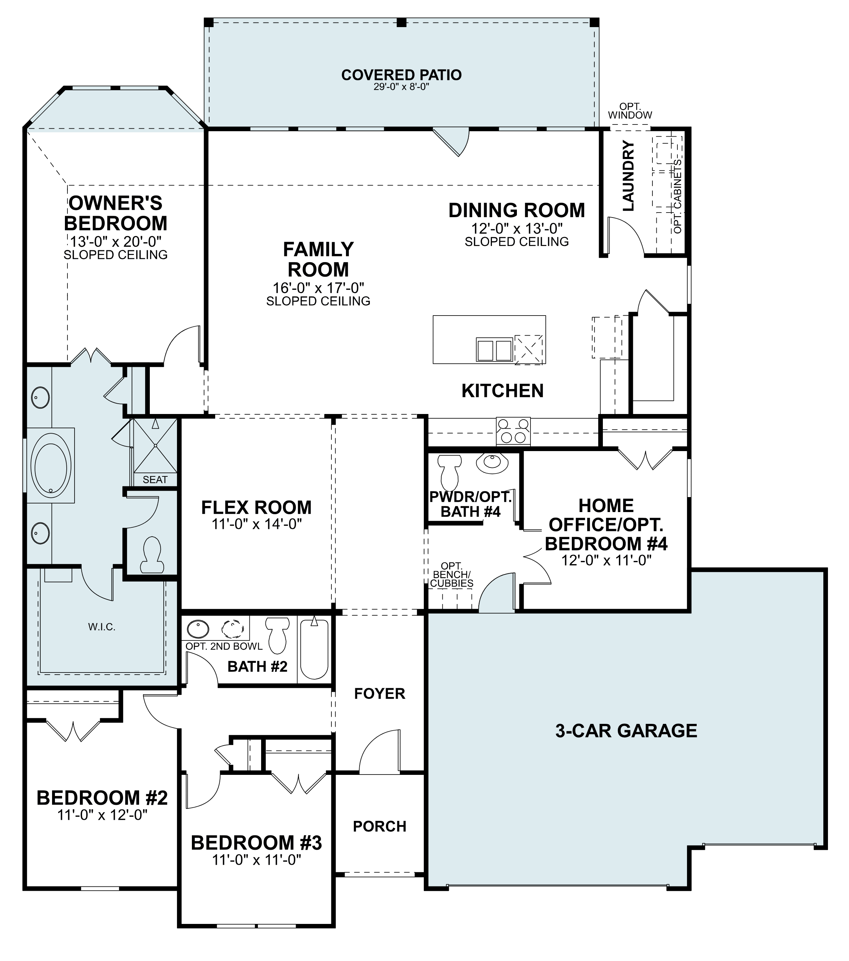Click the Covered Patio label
(x=401, y=75)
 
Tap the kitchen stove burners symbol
(x=513, y=431)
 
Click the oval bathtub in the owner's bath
(x=51, y=465)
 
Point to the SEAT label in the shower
(x=155, y=480)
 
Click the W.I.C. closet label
(x=102, y=627)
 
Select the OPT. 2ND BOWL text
(x=224, y=646)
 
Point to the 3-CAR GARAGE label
(x=626, y=731)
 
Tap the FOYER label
(x=380, y=694)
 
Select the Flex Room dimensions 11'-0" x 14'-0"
(x=256, y=524)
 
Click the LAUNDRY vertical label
(x=629, y=176)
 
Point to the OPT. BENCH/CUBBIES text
(x=452, y=574)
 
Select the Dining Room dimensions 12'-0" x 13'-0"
(x=517, y=229)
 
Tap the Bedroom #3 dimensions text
(x=256, y=860)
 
